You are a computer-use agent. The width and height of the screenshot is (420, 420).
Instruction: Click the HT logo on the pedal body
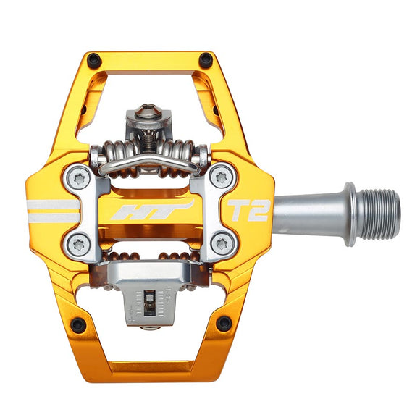(152, 211)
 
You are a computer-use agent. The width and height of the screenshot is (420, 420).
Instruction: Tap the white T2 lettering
(248, 211)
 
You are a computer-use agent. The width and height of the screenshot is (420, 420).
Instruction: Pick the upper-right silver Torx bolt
(222, 175)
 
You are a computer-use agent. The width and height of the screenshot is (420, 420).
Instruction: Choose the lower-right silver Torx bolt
(222, 245)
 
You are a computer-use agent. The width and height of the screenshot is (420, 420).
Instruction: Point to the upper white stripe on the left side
(52, 204)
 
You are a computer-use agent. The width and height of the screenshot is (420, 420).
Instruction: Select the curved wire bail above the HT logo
(150, 167)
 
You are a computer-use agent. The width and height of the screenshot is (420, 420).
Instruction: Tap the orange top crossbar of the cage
(151, 60)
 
